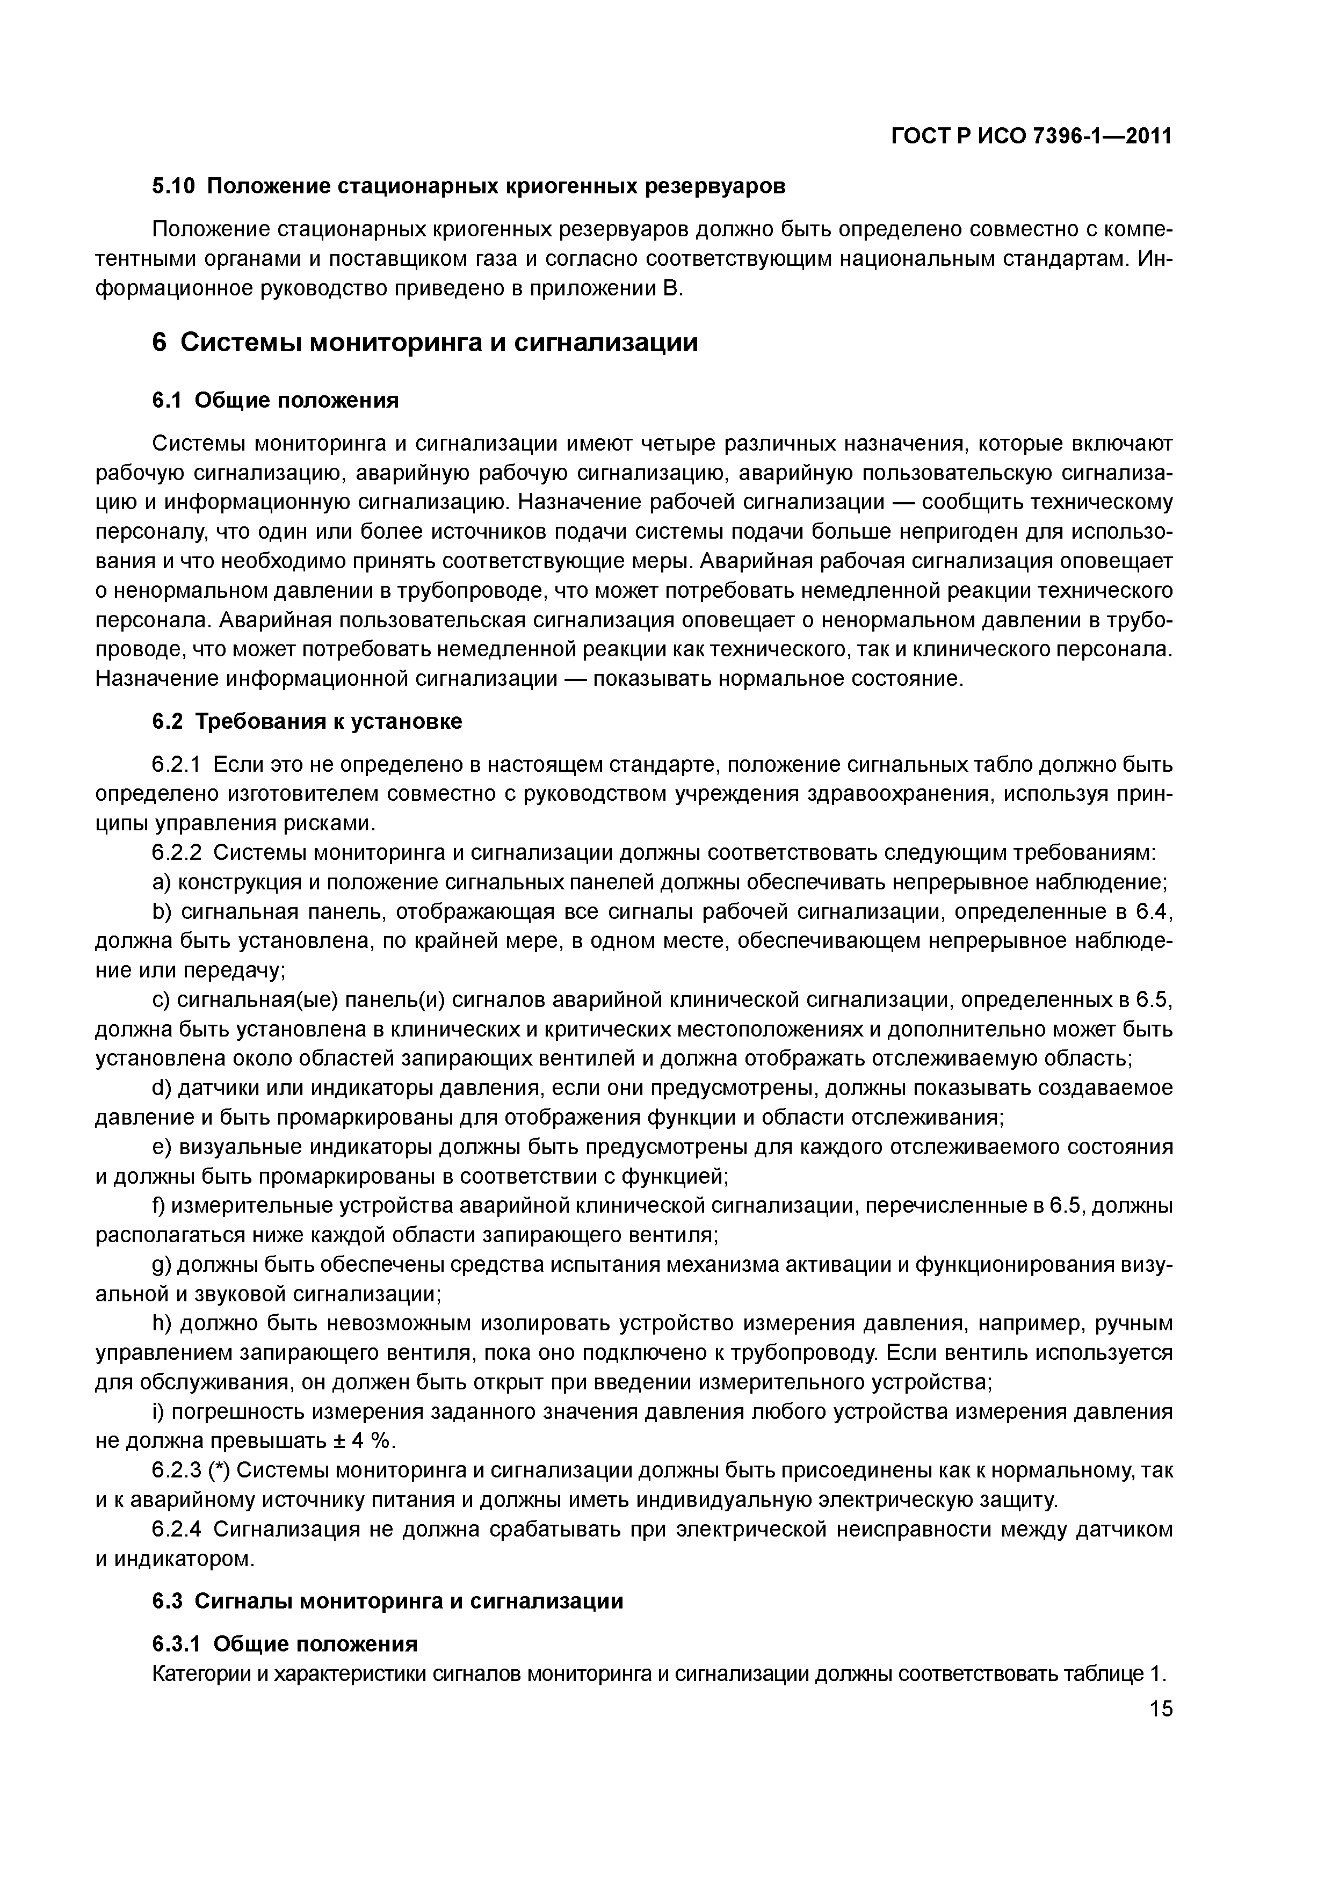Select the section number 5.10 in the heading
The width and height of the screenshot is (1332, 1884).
coord(173,187)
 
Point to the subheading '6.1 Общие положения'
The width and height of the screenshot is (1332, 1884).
coord(276,401)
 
